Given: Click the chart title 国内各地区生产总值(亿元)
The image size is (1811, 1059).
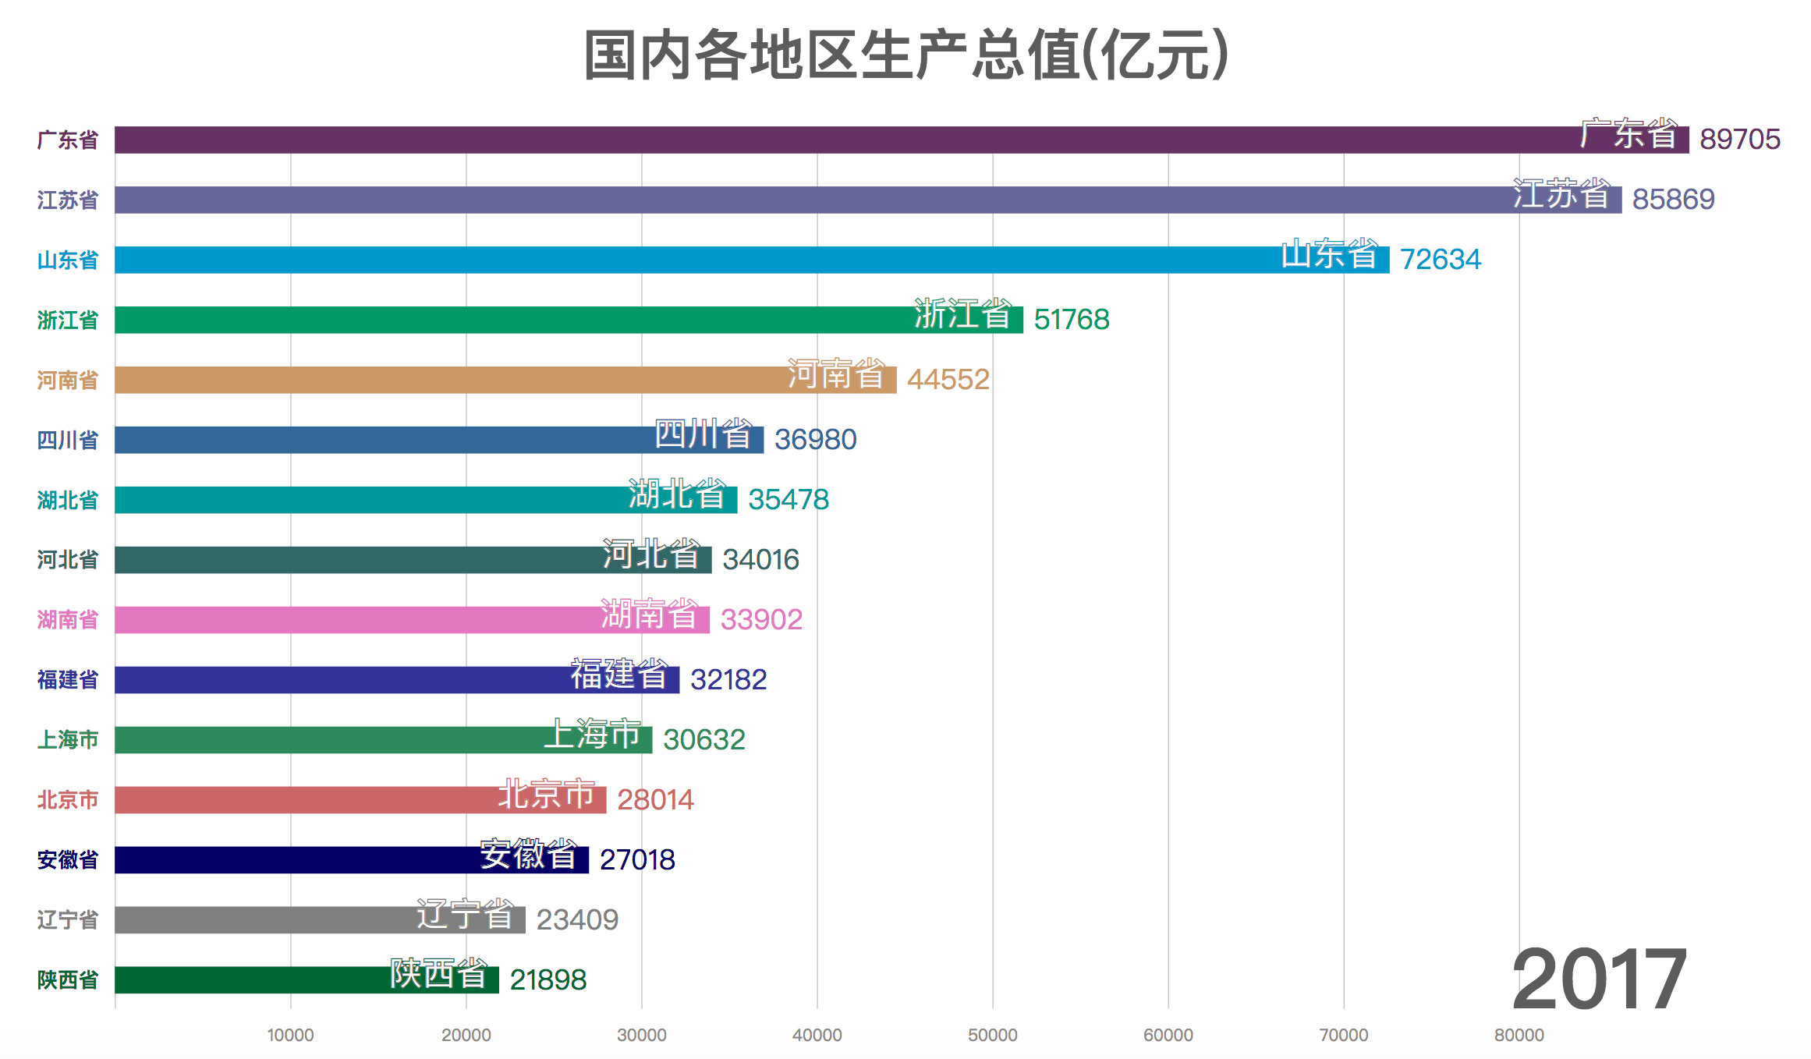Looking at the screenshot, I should [x=906, y=55].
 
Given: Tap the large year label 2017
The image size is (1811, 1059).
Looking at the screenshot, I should [x=1599, y=979].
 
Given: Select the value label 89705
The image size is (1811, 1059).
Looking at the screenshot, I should [x=1739, y=140].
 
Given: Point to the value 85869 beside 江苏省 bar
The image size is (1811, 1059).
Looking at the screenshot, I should [x=1673, y=200].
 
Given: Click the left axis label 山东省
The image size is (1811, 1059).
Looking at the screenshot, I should [x=68, y=260].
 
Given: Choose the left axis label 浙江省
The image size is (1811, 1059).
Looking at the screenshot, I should [x=68, y=320].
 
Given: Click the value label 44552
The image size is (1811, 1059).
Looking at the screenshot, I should [x=948, y=380].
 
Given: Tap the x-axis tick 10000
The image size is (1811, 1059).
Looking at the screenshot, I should [x=290, y=1035].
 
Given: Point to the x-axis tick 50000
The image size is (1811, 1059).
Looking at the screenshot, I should [x=992, y=1035].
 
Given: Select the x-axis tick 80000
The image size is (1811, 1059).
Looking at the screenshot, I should [x=1519, y=1035].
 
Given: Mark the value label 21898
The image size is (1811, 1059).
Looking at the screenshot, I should [x=548, y=980].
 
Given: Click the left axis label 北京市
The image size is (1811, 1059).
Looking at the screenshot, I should [x=68, y=800].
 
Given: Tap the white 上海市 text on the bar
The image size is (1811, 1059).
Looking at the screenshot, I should [x=593, y=735].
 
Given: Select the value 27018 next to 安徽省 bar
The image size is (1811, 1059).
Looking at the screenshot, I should [x=636, y=860].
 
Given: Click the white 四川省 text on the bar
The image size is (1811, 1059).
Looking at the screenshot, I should [x=703, y=434].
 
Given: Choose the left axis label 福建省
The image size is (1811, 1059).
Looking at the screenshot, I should [x=68, y=680].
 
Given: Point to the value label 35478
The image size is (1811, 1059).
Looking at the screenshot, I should [x=788, y=500].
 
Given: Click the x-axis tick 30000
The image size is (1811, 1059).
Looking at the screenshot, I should [x=641, y=1035].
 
